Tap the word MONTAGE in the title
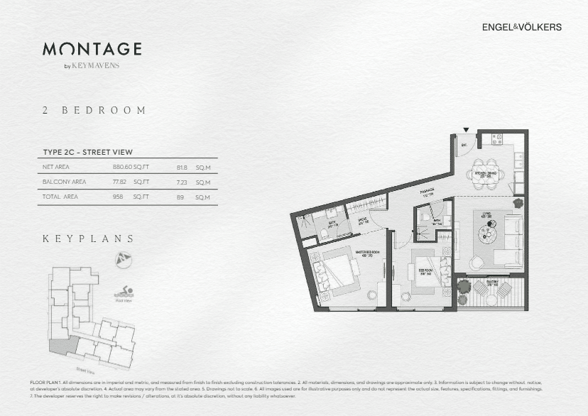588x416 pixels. (x=92, y=49)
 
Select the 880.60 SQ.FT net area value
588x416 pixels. (x=131, y=168)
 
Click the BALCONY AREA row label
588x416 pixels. (x=65, y=182)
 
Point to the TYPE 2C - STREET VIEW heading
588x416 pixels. (x=87, y=152)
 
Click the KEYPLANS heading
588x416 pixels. (x=88, y=239)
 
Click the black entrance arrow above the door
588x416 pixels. (x=465, y=130)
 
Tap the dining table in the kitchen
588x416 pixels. (x=490, y=173)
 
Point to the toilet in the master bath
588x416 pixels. (x=325, y=231)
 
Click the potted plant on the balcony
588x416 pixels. (x=463, y=287)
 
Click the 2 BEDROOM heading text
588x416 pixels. (x=94, y=111)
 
